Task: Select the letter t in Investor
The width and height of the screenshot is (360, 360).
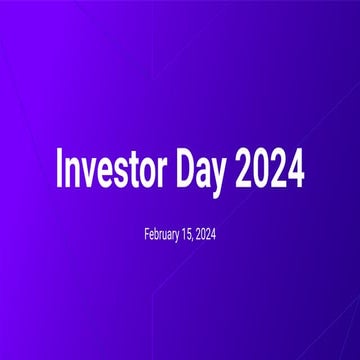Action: pos(133,172)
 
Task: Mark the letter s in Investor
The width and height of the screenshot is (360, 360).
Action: pos(120,173)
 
